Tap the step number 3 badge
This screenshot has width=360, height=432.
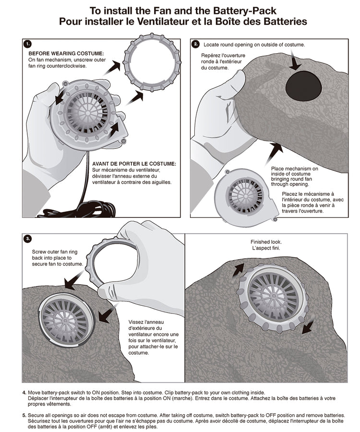tap(28, 239)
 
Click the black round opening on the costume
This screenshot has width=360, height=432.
tap(304, 85)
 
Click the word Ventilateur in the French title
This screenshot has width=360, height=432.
tap(159, 22)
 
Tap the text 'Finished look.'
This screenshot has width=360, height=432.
tap(266, 242)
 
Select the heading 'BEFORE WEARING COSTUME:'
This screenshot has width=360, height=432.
tap(66, 53)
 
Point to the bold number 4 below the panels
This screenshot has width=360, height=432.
tap(24, 392)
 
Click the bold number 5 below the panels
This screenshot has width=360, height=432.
tap(24, 415)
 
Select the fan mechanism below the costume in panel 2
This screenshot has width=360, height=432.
tap(245, 197)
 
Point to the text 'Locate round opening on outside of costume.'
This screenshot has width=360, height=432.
tap(254, 45)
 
